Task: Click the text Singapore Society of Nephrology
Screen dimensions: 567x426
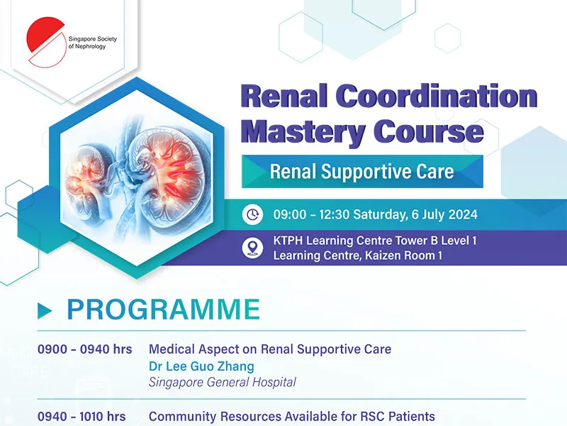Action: click(93, 43)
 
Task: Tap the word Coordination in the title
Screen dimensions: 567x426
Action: click(437, 96)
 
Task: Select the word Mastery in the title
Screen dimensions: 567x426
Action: click(303, 131)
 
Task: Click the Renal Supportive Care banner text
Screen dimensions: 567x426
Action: click(361, 171)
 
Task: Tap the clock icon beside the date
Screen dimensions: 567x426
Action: click(252, 214)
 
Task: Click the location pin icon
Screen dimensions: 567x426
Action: click(252, 248)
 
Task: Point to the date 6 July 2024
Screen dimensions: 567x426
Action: click(444, 214)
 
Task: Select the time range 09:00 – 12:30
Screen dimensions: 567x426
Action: click(311, 214)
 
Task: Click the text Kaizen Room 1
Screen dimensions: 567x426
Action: click(403, 256)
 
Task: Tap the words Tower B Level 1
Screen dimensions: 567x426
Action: click(436, 241)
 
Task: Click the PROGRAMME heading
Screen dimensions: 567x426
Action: click(164, 310)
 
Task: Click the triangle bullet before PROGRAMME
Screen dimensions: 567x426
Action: click(45, 311)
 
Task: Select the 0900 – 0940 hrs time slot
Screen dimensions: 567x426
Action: click(84, 349)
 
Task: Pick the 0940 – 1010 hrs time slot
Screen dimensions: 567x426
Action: click(82, 416)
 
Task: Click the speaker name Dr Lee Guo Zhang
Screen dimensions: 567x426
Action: click(201, 366)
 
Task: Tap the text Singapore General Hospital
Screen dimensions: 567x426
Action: click(223, 382)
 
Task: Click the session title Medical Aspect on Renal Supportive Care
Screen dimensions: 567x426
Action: click(270, 349)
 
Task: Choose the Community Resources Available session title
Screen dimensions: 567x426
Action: click(292, 417)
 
